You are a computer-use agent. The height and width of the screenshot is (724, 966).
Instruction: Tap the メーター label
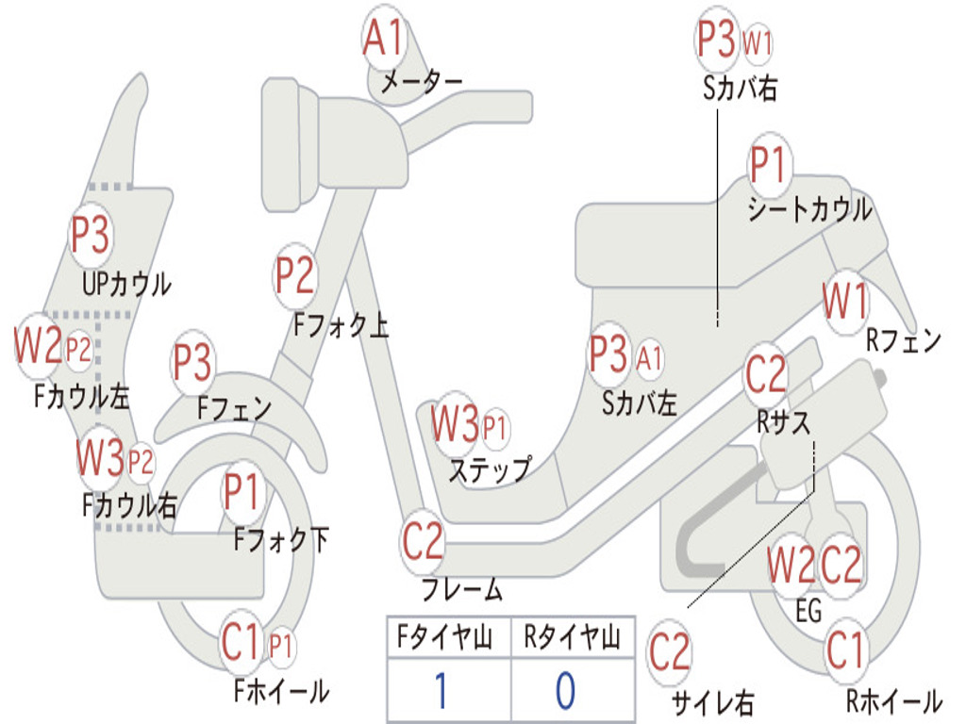pyautogui.click(x=421, y=83)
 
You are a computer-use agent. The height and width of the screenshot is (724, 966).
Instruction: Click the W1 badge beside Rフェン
pyautogui.click(x=845, y=303)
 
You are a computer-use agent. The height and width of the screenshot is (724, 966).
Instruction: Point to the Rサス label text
pyautogui.click(x=783, y=422)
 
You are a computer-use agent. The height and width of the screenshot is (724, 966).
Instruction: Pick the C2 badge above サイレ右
pyautogui.click(x=670, y=652)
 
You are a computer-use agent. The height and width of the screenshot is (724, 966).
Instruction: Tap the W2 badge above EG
pyautogui.click(x=791, y=566)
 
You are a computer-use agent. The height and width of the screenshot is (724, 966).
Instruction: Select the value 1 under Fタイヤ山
pyautogui.click(x=441, y=690)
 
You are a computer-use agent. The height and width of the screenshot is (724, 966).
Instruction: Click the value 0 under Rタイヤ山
pyautogui.click(x=565, y=690)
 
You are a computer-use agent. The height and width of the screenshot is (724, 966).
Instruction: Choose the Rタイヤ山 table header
pyautogui.click(x=573, y=640)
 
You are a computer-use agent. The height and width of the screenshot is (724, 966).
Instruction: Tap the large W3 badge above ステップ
pyautogui.click(x=456, y=425)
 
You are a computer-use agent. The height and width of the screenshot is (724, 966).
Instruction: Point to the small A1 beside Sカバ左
pyautogui.click(x=650, y=357)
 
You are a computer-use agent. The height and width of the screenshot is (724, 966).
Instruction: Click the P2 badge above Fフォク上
pyautogui.click(x=295, y=276)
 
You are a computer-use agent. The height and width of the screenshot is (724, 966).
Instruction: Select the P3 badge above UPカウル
pyautogui.click(x=91, y=236)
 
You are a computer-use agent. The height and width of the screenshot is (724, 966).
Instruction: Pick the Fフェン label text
pyautogui.click(x=235, y=408)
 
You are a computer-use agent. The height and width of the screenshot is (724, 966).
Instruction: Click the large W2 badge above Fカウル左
pyautogui.click(x=38, y=347)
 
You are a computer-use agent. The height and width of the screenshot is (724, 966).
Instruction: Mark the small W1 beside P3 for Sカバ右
pyautogui.click(x=758, y=42)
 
